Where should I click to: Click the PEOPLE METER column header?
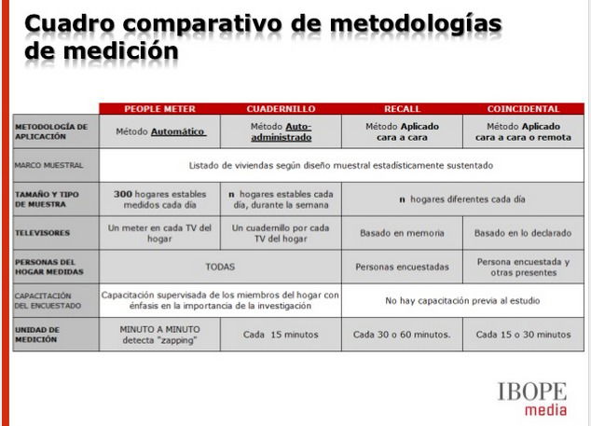[x=159, y=109]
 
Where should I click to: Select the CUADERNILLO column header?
[x=280, y=109]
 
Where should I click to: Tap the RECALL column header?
[x=402, y=109]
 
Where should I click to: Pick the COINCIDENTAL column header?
[x=523, y=109]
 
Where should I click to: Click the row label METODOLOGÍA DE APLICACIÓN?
[x=51, y=131]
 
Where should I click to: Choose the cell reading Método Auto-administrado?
[x=281, y=131]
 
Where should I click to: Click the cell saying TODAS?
[x=220, y=266]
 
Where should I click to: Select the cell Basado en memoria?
[x=402, y=232]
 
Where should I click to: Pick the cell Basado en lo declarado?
[x=523, y=232]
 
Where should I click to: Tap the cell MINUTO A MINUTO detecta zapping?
[x=159, y=334]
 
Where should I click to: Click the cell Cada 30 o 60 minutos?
[x=402, y=334]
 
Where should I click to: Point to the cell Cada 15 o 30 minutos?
[x=523, y=334]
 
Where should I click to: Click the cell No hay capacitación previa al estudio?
[x=462, y=300]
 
